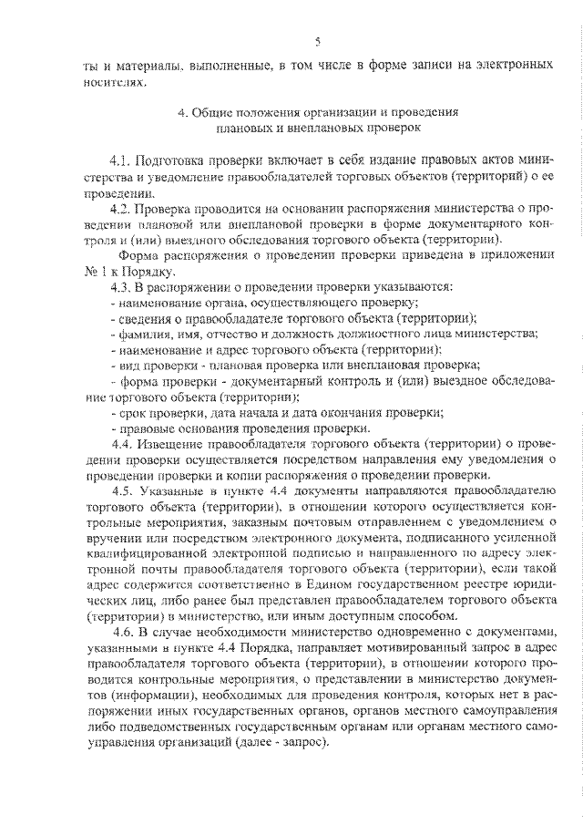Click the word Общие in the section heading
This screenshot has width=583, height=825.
pyautogui.click(x=212, y=112)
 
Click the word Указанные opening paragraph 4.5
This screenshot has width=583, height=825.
pyautogui.click(x=172, y=493)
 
